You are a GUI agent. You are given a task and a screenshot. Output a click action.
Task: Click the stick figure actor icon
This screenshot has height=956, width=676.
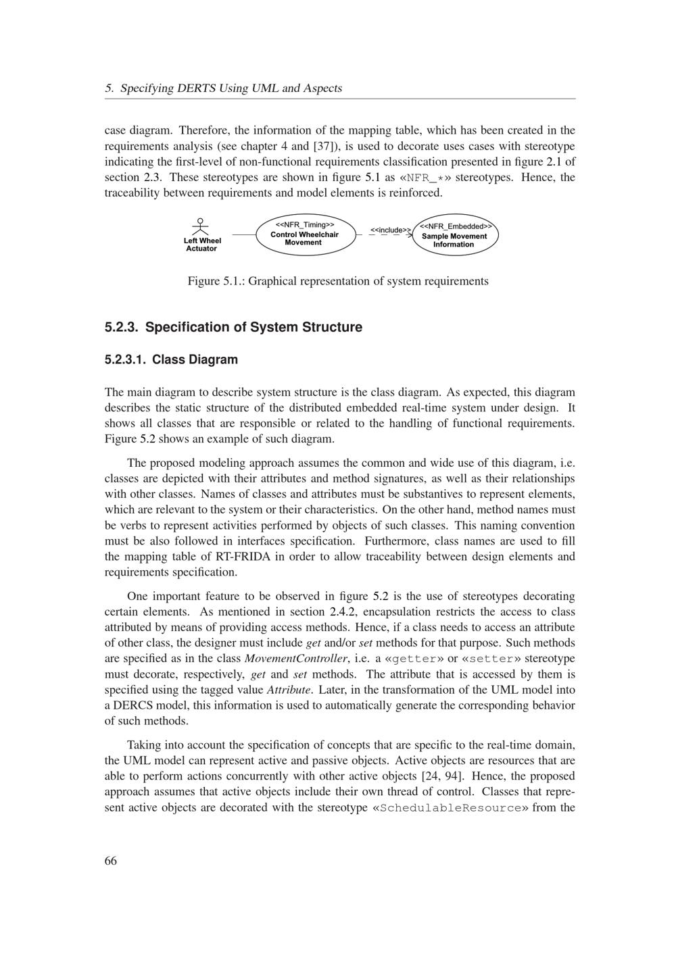199,226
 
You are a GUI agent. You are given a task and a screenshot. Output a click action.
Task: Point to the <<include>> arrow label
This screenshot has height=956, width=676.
390,230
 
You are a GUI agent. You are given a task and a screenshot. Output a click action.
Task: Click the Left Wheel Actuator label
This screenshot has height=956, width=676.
202,245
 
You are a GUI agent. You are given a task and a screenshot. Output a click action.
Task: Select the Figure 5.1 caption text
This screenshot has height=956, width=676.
338,281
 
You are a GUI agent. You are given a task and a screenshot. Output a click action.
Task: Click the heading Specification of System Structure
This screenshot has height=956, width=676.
233,327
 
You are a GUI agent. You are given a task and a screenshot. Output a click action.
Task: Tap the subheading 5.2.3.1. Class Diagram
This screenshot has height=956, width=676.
171,359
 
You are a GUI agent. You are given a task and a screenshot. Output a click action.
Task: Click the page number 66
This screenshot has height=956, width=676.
111,860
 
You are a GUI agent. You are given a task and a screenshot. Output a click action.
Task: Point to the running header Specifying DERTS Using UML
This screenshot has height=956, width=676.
223,88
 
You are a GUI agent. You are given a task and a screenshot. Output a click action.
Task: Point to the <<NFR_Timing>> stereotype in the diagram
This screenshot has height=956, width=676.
304,224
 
